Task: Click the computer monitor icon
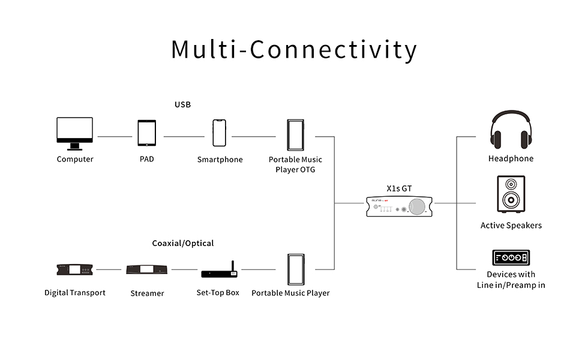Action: tap(74, 133)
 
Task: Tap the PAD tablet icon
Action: tap(146, 133)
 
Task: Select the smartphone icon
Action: tap(220, 133)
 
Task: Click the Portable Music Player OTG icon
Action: tap(295, 136)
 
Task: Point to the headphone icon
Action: tap(511, 130)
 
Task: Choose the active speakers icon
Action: tap(511, 194)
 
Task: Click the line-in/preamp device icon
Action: tap(511, 258)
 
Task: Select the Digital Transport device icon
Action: tap(74, 270)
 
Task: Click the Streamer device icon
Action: tap(147, 270)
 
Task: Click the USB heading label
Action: tap(182, 105)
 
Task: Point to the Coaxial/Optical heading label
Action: tap(183, 244)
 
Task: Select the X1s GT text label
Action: tap(399, 188)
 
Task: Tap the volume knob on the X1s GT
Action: tap(418, 207)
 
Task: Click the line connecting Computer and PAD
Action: tap(115, 137)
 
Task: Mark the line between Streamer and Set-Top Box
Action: tap(184, 269)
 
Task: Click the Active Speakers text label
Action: tap(511, 226)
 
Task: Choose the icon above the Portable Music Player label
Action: tap(295, 270)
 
